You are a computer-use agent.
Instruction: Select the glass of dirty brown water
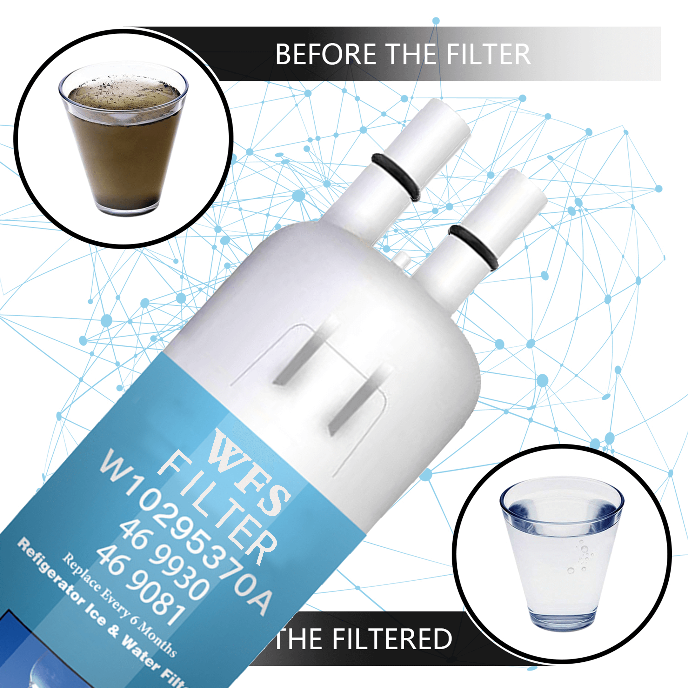click(x=123, y=143)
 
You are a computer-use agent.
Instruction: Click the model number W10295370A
click(x=185, y=531)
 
